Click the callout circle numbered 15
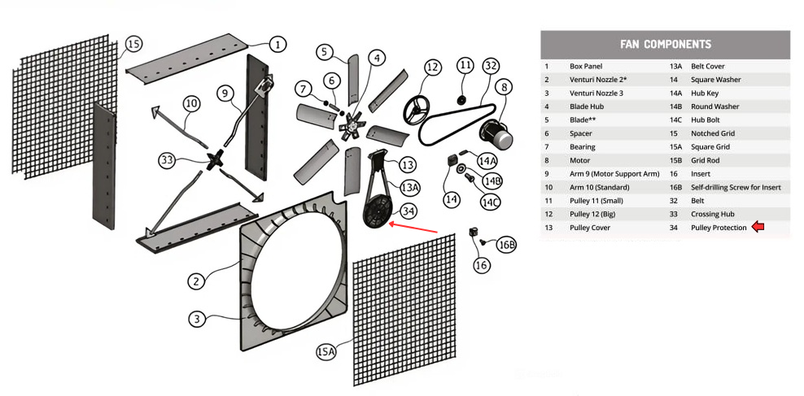tap(133, 43)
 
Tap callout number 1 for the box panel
tap(277, 44)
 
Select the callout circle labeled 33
tap(167, 160)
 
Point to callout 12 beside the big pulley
tap(432, 67)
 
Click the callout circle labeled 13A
tap(410, 187)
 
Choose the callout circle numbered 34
tap(409, 211)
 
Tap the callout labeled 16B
tap(506, 245)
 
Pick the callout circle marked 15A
tap(326, 351)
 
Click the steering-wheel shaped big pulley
tap(421, 103)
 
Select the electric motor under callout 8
tap(496, 131)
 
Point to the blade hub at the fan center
tap(353, 124)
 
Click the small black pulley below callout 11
tap(460, 100)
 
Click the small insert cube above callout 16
tap(473, 233)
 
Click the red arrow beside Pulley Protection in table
tap(758, 228)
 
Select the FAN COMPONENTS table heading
tap(665, 45)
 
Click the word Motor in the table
tap(579, 160)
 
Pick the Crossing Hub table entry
tap(712, 214)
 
